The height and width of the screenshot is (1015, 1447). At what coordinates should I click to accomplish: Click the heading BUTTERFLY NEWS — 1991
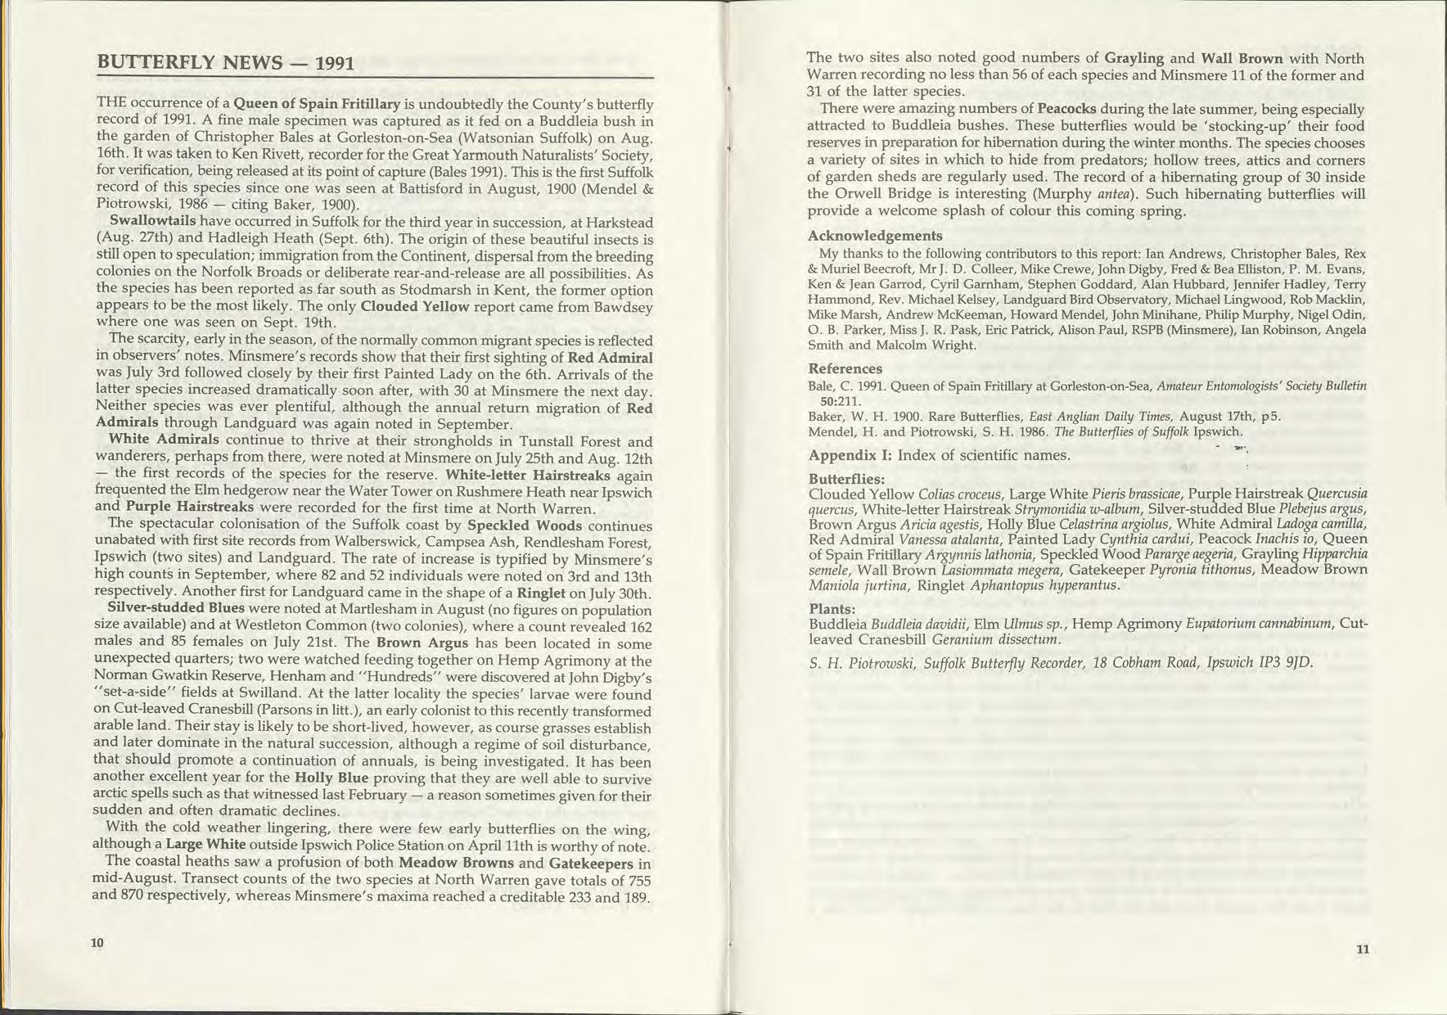(225, 62)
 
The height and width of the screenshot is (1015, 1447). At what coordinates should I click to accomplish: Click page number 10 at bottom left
(97, 942)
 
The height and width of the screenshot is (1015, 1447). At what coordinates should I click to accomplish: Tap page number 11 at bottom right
(1362, 950)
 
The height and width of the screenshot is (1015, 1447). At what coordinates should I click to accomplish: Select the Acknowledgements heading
(875, 236)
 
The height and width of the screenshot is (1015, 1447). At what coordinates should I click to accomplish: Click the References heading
(845, 368)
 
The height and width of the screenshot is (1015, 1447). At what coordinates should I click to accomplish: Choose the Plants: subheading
(832, 609)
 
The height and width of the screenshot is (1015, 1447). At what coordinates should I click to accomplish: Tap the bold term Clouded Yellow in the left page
(415, 307)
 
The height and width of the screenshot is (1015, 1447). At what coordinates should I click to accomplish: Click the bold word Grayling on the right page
(1134, 59)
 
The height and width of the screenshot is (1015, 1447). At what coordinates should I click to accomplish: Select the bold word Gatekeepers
(591, 864)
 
